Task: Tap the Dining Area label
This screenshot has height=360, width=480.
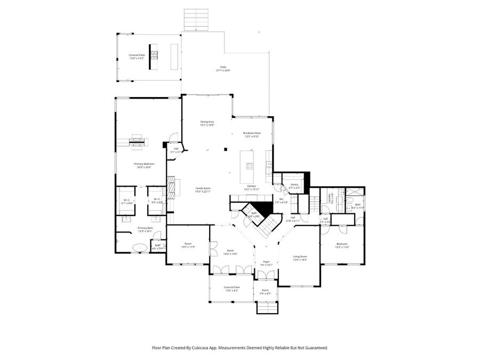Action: coord(207,123)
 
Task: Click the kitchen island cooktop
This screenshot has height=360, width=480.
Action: coord(249,165)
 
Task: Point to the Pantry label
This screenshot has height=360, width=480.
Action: coord(294,186)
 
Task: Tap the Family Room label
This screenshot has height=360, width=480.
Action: coord(203,189)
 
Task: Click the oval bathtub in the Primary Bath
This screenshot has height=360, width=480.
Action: coord(140,247)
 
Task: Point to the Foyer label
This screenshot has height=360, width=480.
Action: coord(266,263)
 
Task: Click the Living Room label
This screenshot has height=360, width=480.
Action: coord(300,258)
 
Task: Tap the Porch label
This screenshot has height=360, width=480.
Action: coord(265,292)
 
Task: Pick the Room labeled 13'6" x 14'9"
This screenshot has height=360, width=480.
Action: coord(230,252)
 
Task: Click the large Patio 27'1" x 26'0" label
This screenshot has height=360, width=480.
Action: coord(222,69)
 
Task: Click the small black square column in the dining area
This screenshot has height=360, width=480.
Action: coord(226,149)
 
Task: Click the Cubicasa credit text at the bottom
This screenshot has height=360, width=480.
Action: coord(239,347)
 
